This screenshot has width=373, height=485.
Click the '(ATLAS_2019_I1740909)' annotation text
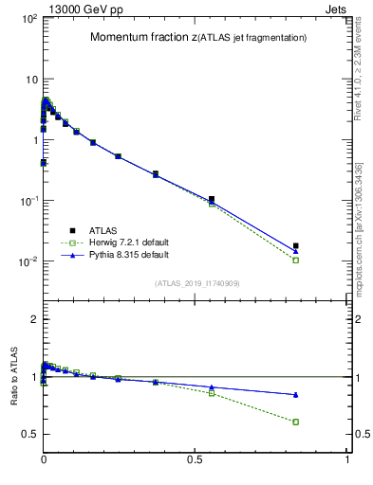(x=197, y=283)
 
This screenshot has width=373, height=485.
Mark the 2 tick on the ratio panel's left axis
(x=32, y=320)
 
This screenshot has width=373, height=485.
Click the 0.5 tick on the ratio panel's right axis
(x=360, y=435)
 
